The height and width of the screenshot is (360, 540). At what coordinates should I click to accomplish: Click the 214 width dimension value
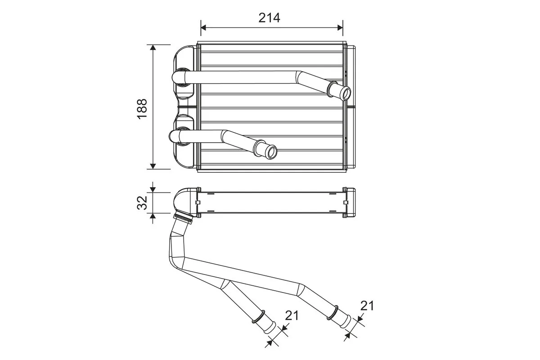pyautogui.click(x=269, y=18)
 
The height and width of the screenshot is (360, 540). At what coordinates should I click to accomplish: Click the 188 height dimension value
pyautogui.click(x=142, y=108)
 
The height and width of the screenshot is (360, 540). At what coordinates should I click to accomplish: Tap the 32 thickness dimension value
pyautogui.click(x=142, y=202)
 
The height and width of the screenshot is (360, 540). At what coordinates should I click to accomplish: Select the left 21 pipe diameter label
pyautogui.click(x=292, y=315)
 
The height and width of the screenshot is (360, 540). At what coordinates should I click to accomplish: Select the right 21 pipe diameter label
pyautogui.click(x=367, y=306)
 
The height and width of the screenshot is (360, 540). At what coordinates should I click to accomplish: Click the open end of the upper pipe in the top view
pyautogui.click(x=346, y=94)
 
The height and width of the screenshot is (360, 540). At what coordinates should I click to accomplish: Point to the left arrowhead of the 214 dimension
pyautogui.click(x=203, y=28)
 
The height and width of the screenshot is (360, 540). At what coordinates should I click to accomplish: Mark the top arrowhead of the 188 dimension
pyautogui.click(x=153, y=48)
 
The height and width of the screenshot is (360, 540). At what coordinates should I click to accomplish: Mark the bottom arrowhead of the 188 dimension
pyautogui.click(x=153, y=166)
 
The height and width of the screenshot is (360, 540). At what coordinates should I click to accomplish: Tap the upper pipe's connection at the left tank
pyautogui.click(x=182, y=76)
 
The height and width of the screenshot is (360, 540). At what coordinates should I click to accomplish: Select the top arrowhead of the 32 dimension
pyautogui.click(x=153, y=188)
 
